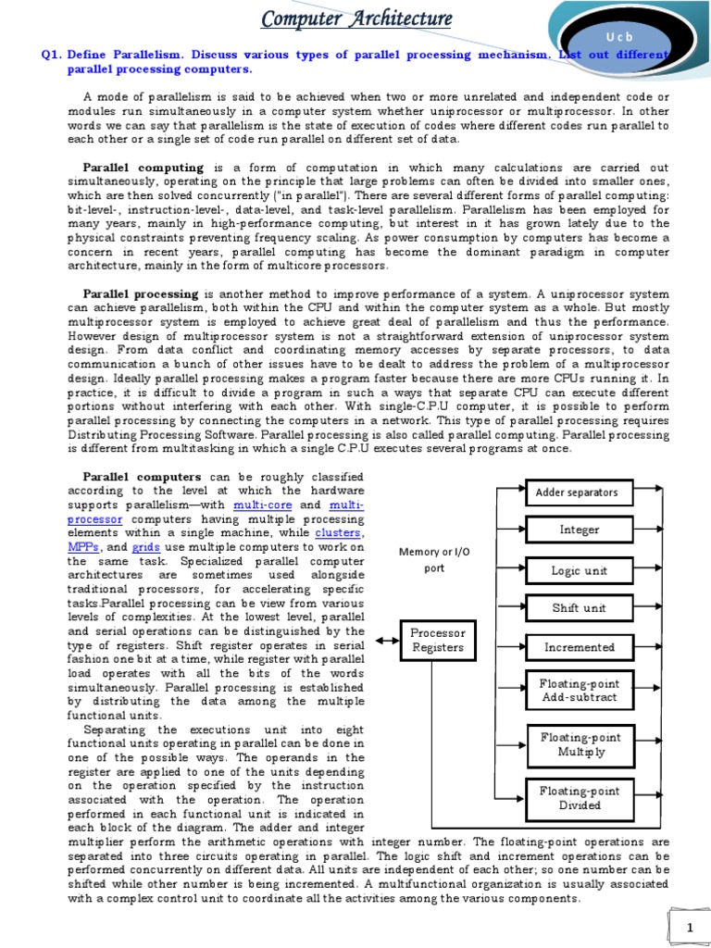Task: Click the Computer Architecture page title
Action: point(356,19)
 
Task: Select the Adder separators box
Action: point(577,492)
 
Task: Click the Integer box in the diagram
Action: point(579,530)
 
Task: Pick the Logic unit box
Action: point(579,570)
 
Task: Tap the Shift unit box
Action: point(579,607)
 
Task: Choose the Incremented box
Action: point(579,647)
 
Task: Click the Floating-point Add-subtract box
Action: point(579,691)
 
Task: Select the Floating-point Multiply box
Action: point(579,744)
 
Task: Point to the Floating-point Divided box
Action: point(579,798)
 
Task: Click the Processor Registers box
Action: point(438,641)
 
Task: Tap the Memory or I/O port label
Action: point(434,559)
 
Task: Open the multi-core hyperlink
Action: point(265,505)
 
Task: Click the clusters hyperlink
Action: point(338,534)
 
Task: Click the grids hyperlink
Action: point(147,548)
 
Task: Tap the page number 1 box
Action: point(689,927)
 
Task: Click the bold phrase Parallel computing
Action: point(143,168)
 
